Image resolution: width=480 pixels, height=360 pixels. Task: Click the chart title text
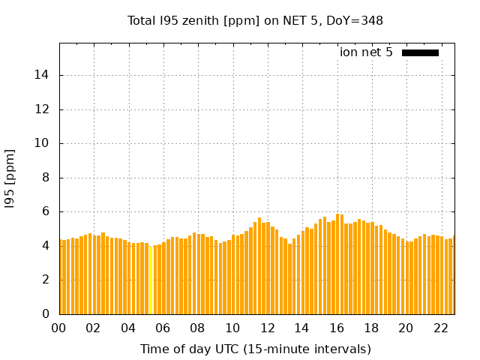[x=255, y=20]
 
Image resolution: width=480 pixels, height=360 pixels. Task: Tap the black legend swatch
[x=420, y=52]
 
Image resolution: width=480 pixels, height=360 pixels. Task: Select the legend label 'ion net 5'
[x=366, y=52]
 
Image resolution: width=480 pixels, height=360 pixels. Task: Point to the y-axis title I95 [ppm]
[x=10, y=178]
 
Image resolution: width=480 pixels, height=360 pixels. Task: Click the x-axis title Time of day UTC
[x=255, y=349]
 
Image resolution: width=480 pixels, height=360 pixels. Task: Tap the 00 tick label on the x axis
[x=59, y=328]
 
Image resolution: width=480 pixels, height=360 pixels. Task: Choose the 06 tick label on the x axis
[x=163, y=328]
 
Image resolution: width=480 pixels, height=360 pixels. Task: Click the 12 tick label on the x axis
[x=267, y=328]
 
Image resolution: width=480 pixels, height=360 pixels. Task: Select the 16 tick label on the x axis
[x=336, y=328]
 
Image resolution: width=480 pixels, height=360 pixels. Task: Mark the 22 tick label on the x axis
[x=440, y=328]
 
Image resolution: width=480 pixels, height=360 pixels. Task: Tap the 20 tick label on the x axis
[x=406, y=328]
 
